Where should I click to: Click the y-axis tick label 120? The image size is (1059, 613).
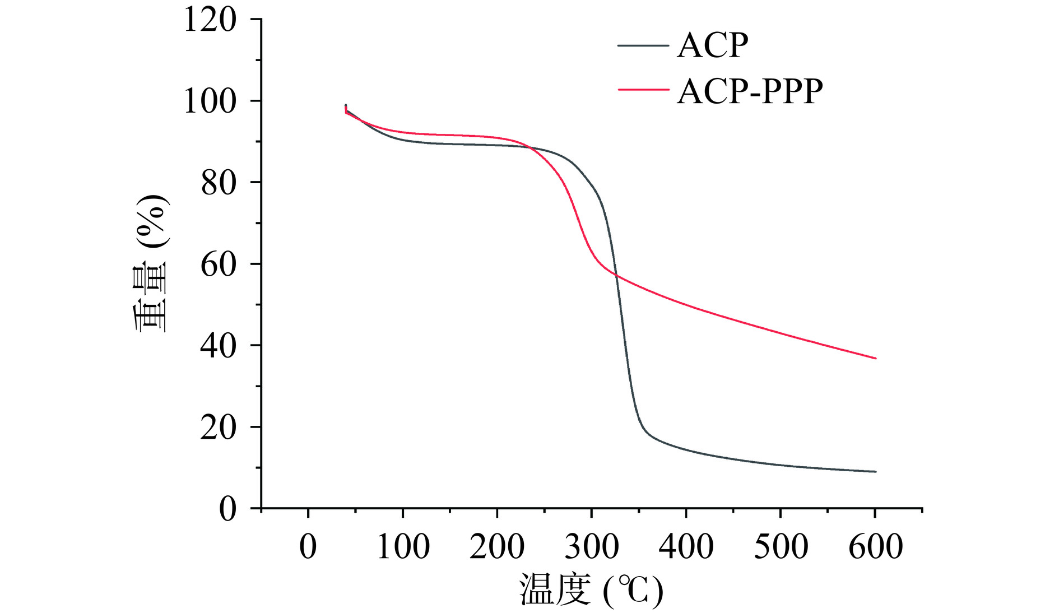click(x=210, y=21)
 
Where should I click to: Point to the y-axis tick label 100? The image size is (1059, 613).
click(x=210, y=102)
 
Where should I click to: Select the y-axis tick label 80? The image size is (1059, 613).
click(x=219, y=183)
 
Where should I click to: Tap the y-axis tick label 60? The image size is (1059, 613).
click(x=219, y=264)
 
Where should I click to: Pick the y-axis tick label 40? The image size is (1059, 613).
click(x=219, y=346)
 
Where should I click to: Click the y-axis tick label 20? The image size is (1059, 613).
click(x=219, y=428)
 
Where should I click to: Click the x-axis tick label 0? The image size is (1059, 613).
click(x=308, y=546)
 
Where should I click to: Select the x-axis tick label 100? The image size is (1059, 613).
click(x=403, y=546)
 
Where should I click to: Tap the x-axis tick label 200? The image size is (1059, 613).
click(x=497, y=546)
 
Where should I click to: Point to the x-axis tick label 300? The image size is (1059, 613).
click(x=592, y=546)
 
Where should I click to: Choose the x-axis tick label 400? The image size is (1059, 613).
click(x=686, y=546)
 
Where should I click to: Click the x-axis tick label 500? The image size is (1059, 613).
click(x=781, y=546)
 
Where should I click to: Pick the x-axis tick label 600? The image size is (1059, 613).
click(x=876, y=546)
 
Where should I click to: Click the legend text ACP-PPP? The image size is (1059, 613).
click(x=750, y=91)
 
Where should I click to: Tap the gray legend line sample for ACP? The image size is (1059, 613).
click(x=643, y=45)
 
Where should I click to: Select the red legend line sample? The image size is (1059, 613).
click(x=643, y=90)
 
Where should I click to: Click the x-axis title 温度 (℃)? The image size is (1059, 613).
click(x=592, y=590)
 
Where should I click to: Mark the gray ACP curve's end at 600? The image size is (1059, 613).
click(x=875, y=472)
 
